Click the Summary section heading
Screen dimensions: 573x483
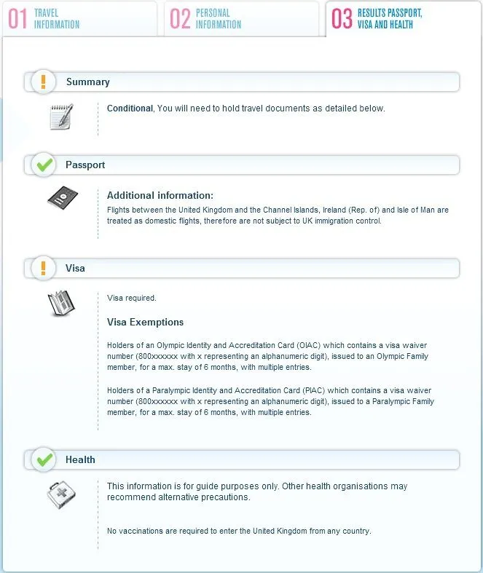(x=87, y=82)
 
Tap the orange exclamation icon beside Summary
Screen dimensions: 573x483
(x=44, y=82)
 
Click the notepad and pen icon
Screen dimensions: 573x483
(x=61, y=116)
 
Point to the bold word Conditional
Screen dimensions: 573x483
(x=130, y=108)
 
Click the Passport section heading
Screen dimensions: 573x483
(x=85, y=165)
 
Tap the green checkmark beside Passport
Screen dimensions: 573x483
(x=44, y=165)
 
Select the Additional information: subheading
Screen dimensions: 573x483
(x=160, y=195)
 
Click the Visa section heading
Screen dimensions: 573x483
(x=75, y=269)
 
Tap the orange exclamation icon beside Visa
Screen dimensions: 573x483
(x=44, y=268)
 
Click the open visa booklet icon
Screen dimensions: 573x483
(x=61, y=303)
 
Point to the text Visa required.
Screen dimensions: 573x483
(x=132, y=298)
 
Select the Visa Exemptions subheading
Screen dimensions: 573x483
(x=145, y=322)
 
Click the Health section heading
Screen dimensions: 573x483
(x=80, y=460)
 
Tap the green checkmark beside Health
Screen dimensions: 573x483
(x=44, y=459)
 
